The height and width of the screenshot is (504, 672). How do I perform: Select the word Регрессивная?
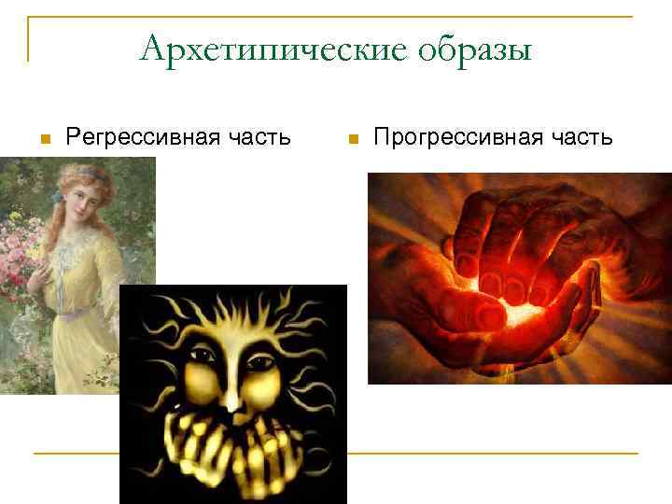click(139, 138)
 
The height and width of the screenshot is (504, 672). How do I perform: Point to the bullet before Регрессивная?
click(43, 139)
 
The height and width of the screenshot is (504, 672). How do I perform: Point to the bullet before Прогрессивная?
click(352, 139)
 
